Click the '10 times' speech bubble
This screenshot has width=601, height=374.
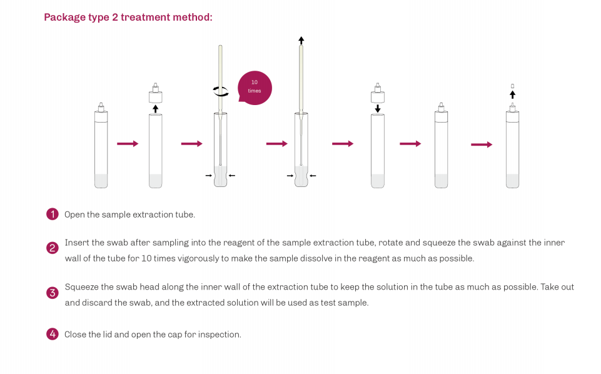tap(255, 88)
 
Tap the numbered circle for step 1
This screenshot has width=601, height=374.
tap(53, 214)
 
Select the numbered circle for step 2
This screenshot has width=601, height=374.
tap(53, 248)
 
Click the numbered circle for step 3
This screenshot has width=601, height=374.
tap(53, 293)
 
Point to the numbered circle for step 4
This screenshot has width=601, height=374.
tap(53, 334)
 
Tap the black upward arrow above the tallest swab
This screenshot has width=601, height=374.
tap(301, 40)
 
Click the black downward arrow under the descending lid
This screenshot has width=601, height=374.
tap(378, 108)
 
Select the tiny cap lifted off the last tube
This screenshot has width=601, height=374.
tap(512, 86)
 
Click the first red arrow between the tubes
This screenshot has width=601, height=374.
tap(128, 144)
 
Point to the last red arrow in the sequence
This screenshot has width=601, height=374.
tap(482, 144)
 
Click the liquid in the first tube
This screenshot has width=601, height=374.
tap(101, 181)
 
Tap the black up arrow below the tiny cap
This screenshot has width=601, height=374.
tap(512, 94)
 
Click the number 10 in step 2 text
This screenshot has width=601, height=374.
tap(146, 258)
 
